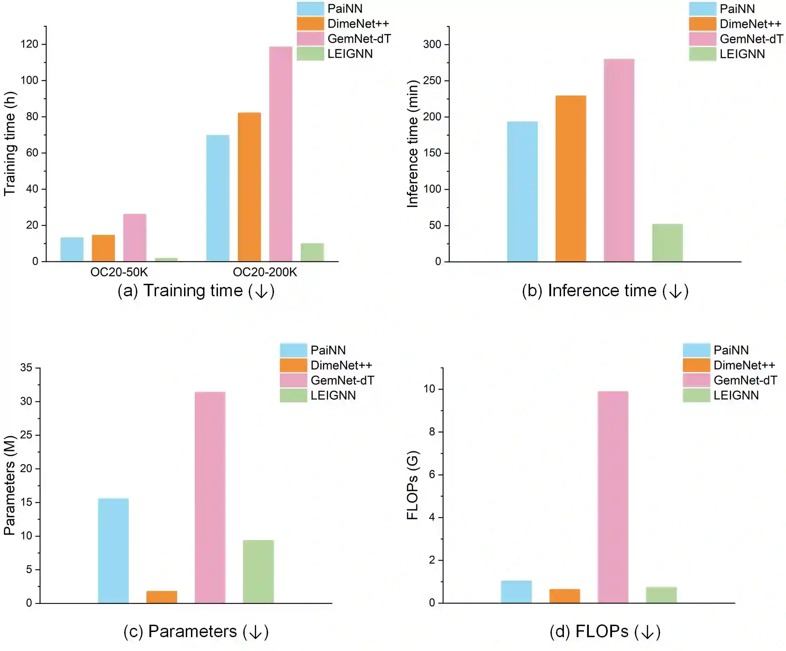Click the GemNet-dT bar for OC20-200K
(x=280, y=153)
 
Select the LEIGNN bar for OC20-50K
(x=166, y=260)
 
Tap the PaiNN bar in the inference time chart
(x=522, y=191)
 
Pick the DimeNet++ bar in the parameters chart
(x=162, y=597)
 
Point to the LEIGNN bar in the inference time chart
(x=667, y=242)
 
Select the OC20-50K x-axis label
(x=119, y=272)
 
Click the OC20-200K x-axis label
(x=265, y=272)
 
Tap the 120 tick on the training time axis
(x=29, y=44)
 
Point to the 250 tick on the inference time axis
(x=432, y=81)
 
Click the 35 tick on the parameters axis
(x=26, y=368)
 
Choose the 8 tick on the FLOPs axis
(x=432, y=432)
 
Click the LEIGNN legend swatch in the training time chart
(x=310, y=54)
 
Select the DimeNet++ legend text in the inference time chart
(x=750, y=24)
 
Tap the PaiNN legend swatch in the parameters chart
(x=293, y=350)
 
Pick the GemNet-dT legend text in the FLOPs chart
(x=745, y=380)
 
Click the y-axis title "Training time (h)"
(x=10, y=143)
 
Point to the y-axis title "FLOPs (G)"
(x=412, y=485)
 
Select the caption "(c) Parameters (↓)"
(x=196, y=632)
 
